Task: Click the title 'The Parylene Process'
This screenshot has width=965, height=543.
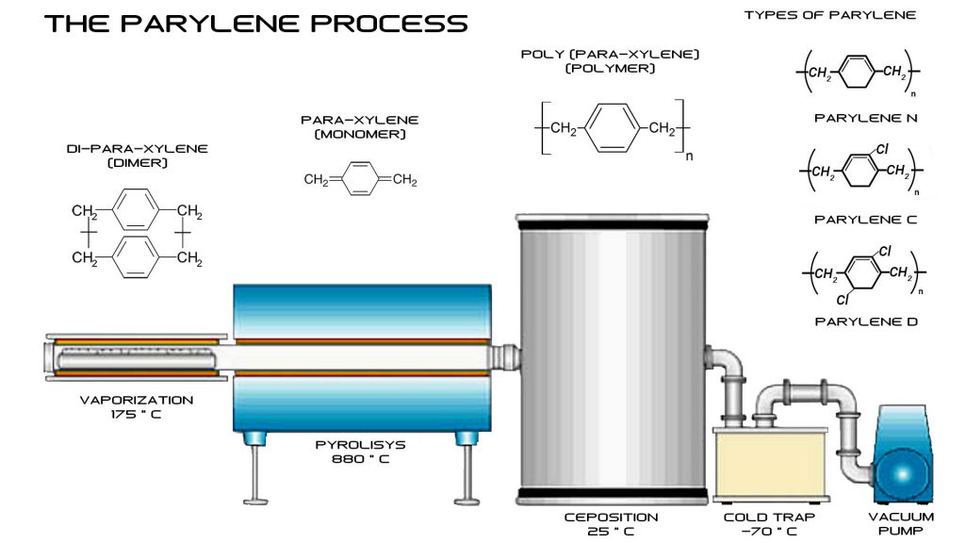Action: point(256,24)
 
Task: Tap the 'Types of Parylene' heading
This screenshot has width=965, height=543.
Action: point(829,15)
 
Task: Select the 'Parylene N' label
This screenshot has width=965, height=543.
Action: point(865,118)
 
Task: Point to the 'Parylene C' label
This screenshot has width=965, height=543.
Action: point(865,219)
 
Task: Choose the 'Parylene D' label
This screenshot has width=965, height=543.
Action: point(866,321)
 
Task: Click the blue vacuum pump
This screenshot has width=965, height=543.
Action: point(902,454)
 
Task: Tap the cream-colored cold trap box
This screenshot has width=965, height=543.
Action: point(771,463)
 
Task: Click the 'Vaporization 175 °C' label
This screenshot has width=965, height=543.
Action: point(137,407)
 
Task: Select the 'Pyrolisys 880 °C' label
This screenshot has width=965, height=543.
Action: point(361,452)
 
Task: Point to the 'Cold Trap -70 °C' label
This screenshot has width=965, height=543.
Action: point(769,524)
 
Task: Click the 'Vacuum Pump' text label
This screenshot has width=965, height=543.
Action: point(901,523)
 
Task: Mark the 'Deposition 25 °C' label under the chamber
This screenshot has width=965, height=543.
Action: point(611,524)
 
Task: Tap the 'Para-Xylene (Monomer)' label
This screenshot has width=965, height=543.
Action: point(360,127)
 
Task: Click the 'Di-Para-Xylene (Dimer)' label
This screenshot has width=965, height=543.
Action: point(138,156)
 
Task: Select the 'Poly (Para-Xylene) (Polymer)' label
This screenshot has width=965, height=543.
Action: point(610,61)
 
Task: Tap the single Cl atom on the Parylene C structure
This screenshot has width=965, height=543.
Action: point(882,149)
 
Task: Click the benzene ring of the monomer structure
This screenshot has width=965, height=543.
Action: point(361,179)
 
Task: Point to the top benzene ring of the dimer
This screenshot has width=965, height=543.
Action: point(136,209)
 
